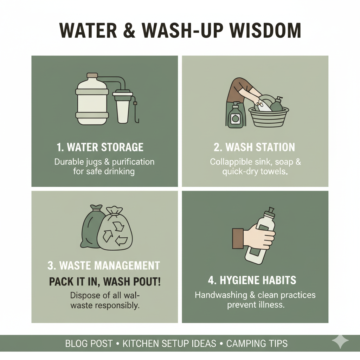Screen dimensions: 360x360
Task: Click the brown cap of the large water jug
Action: [x=92, y=75]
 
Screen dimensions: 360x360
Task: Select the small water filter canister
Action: [x=123, y=107]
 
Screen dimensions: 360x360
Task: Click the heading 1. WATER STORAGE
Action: [x=100, y=147]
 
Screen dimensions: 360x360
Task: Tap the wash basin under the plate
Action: [x=269, y=117]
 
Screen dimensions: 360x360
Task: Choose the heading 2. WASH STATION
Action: [x=255, y=147]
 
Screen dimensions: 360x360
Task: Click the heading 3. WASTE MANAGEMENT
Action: [x=104, y=266]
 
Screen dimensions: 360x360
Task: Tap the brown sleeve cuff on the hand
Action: [x=238, y=238]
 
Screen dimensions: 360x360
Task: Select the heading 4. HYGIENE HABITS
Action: [x=252, y=280]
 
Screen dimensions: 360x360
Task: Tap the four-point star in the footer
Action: [x=340, y=341]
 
